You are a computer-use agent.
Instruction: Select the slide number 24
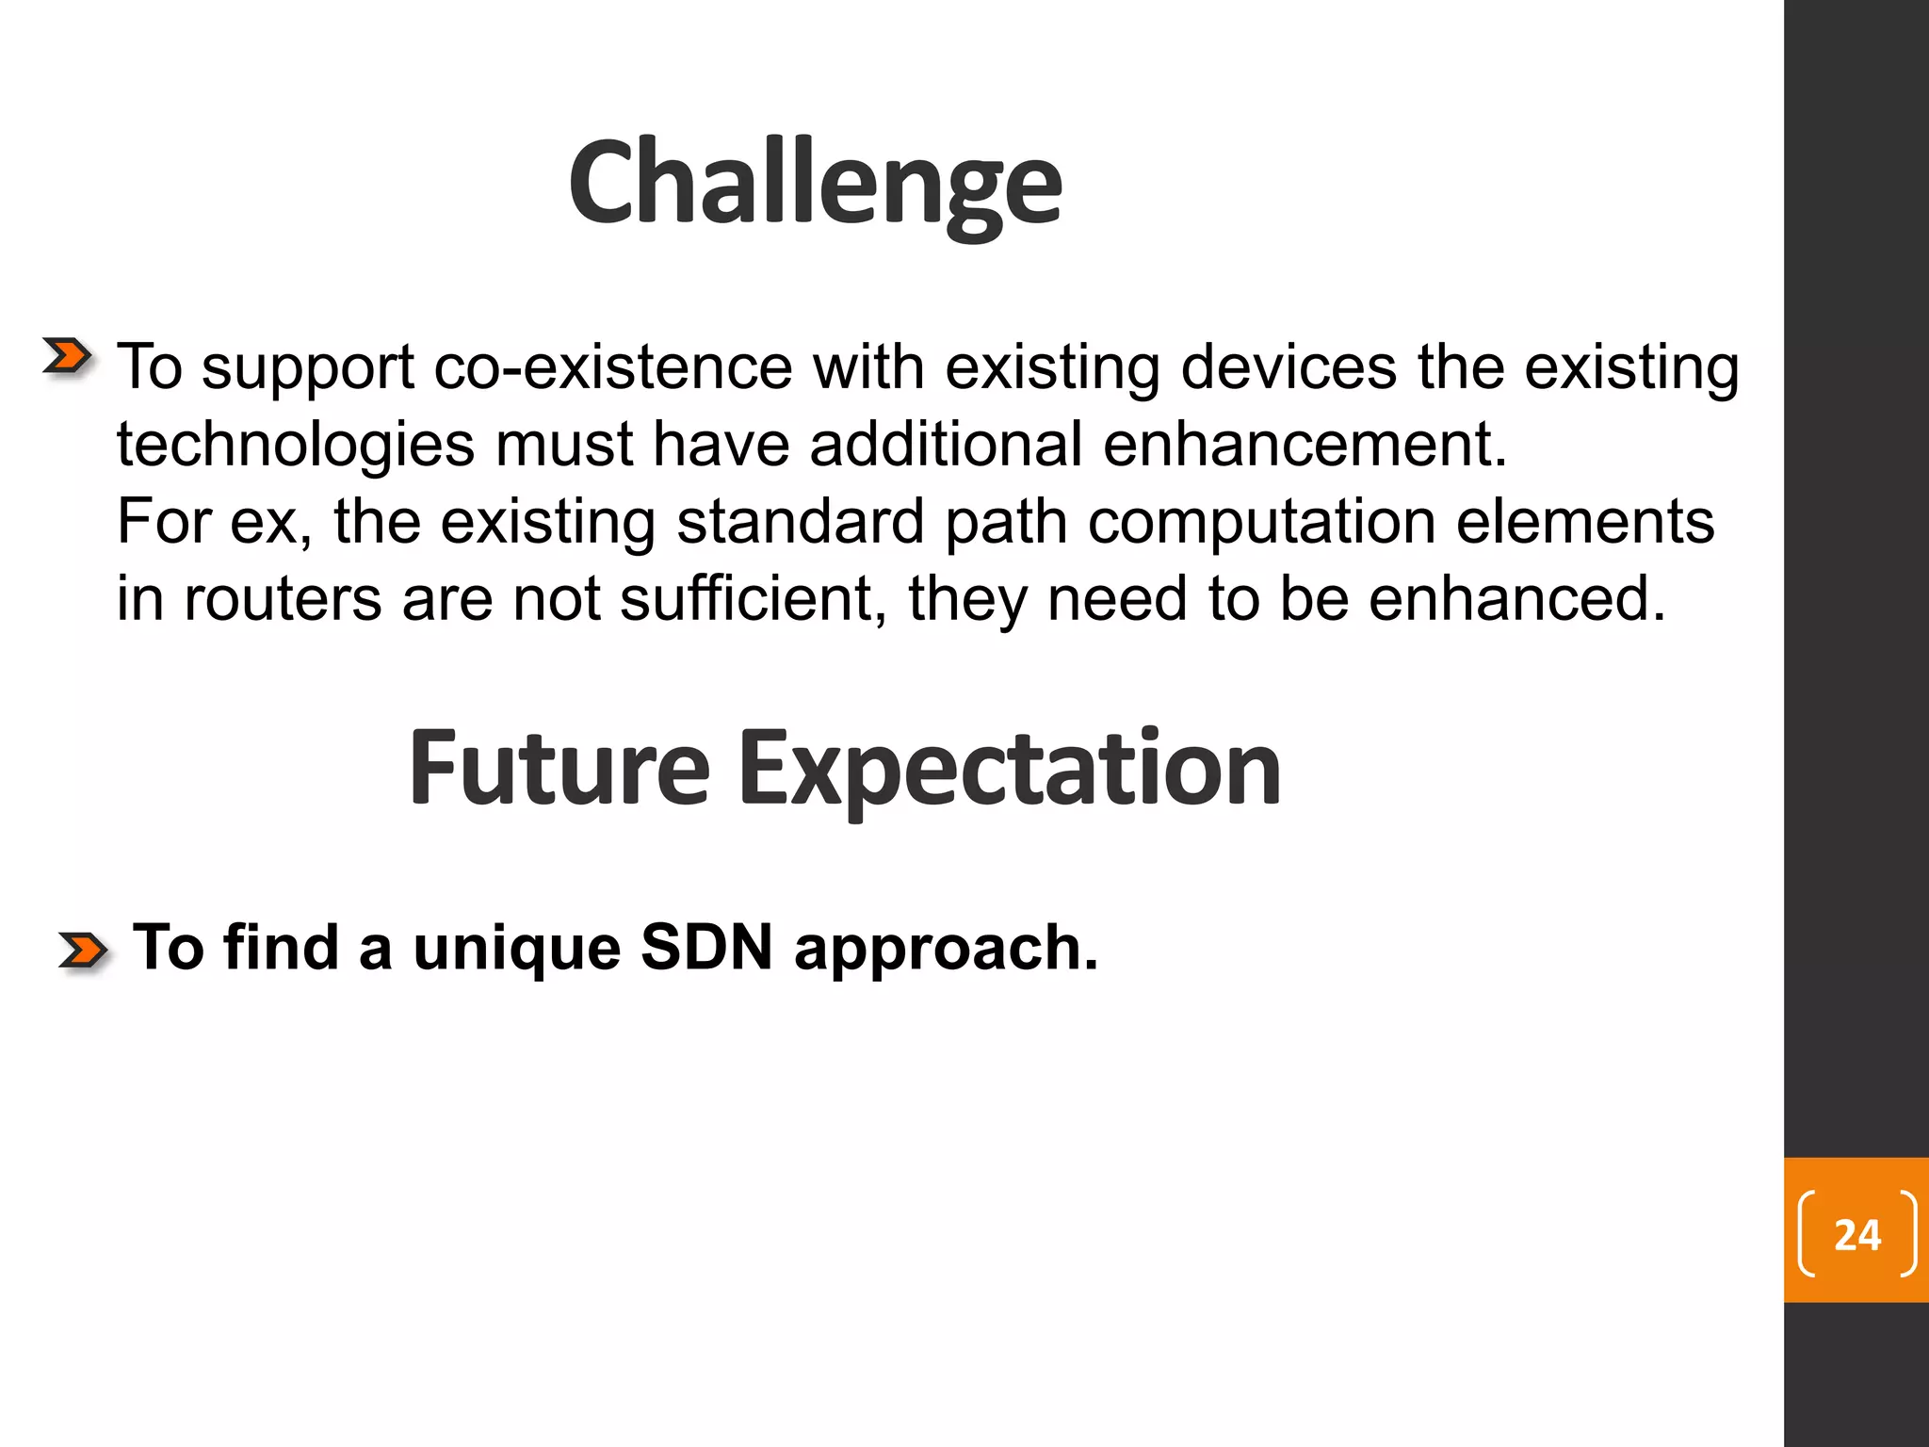point(1856,1235)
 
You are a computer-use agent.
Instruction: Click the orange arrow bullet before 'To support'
point(68,357)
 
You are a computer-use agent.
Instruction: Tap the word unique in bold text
point(516,947)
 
